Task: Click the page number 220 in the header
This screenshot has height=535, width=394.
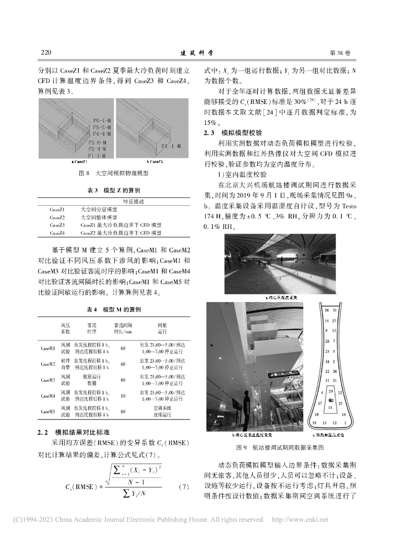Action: [x=45, y=53]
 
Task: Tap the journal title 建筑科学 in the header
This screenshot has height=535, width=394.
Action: [x=197, y=53]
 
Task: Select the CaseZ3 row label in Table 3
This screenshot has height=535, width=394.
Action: [x=57, y=225]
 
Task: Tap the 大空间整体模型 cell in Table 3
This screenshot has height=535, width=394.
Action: [x=99, y=217]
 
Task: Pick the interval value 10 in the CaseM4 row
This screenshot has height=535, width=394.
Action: [x=123, y=397]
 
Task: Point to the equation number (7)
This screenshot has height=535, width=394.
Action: [x=183, y=487]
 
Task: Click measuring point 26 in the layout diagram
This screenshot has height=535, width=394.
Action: [x=327, y=311]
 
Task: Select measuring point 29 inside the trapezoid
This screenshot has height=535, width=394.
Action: [x=331, y=391]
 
